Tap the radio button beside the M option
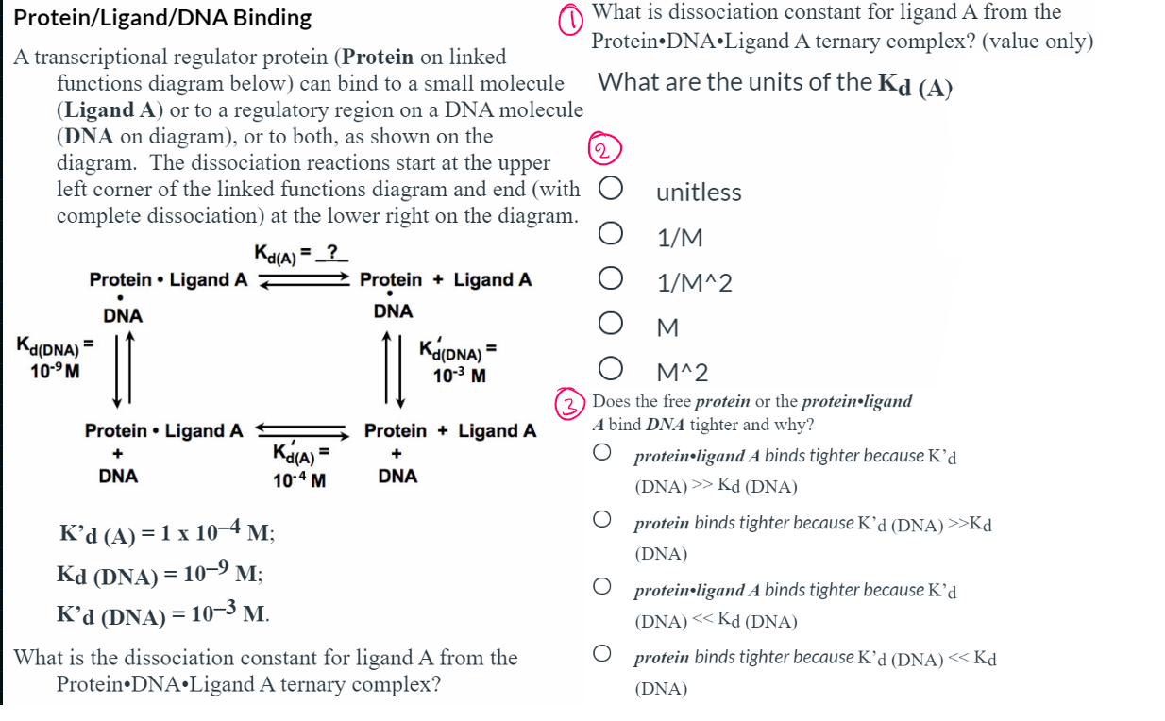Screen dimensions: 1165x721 point(609,326)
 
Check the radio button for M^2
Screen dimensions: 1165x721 point(609,371)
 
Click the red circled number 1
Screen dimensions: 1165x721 point(572,21)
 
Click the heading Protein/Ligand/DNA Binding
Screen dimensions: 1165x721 point(162,18)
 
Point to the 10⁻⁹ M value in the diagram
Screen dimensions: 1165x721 point(54,371)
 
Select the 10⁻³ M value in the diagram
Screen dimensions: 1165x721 point(460,376)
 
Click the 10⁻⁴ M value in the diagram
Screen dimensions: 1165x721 point(299,479)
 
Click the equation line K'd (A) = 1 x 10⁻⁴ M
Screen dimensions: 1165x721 point(166,532)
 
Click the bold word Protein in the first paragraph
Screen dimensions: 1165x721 point(378,57)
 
